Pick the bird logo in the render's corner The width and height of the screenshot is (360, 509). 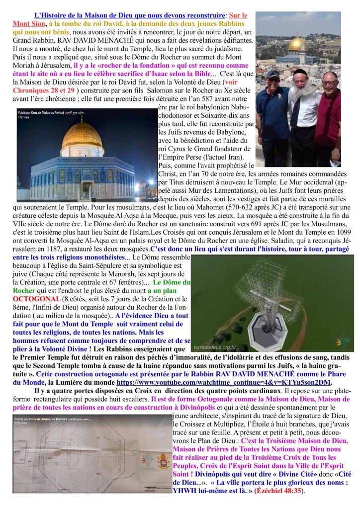tap(342, 328)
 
